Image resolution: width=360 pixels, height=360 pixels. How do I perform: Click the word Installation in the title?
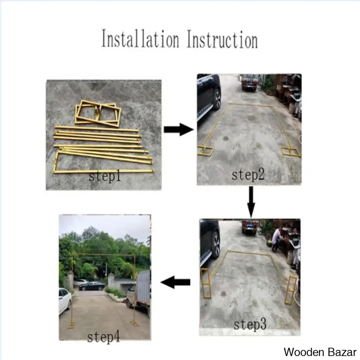point(140,39)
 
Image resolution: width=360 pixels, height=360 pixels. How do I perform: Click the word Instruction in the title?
point(222,40)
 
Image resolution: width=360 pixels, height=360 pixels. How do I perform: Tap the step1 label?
point(105,176)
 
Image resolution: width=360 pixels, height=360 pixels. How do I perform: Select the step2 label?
point(248,175)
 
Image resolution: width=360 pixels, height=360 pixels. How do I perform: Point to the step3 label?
point(250,324)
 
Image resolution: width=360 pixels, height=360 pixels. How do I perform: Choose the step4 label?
point(104,337)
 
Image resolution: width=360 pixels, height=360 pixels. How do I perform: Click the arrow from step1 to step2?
point(179,130)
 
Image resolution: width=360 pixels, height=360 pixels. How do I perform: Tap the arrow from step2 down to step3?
point(251,202)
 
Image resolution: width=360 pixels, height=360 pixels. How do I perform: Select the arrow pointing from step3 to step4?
point(175,282)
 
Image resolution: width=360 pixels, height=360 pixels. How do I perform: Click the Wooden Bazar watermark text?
point(320,352)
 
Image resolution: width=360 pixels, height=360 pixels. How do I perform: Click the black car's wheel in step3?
point(216,245)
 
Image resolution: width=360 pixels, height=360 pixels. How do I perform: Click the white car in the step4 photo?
point(65,301)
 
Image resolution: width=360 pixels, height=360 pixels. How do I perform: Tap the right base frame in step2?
point(291,152)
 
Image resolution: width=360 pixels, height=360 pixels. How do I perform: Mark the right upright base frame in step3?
point(291,290)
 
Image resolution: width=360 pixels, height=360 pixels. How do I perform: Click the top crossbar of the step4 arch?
point(104,254)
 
